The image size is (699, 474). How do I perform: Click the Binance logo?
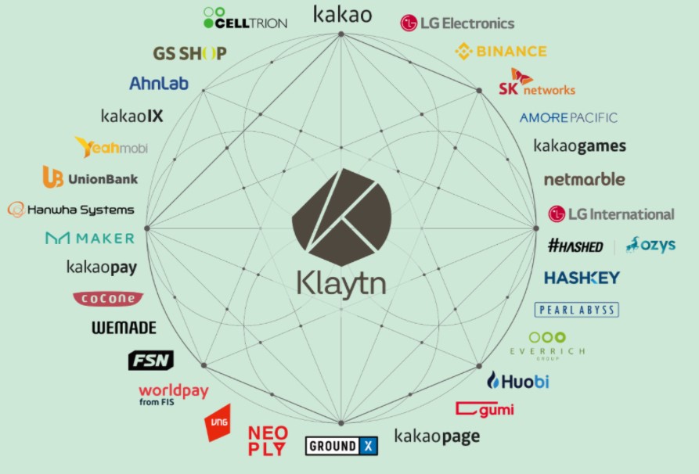501,52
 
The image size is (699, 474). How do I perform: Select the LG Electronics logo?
457,23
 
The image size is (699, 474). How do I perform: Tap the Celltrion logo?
245,18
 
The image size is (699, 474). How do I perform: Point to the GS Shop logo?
189,54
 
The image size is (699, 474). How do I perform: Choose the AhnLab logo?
159,84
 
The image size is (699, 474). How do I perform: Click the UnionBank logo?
90,178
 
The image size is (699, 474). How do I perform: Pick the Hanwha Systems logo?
71,210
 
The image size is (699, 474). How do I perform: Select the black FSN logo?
150,360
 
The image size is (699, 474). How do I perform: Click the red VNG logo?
218,423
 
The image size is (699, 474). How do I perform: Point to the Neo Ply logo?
268,440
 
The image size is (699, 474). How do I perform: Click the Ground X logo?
341,446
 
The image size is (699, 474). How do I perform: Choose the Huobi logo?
517,382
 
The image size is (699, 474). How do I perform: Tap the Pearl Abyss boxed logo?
577,310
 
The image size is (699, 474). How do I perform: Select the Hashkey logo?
582,278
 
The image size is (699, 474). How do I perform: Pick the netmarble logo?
584,179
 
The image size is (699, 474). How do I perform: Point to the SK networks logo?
537,84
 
